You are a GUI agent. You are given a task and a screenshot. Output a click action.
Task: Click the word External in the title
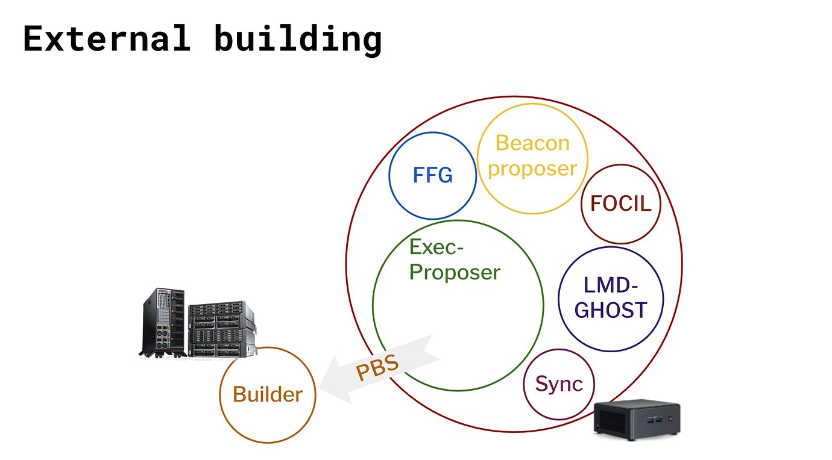[107, 38]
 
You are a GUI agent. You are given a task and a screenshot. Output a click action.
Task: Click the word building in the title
[298, 40]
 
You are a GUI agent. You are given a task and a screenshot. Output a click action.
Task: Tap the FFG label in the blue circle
[433, 175]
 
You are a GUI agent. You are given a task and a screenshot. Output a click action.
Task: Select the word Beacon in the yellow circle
[532, 143]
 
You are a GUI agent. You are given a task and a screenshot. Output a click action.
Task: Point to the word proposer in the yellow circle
[532, 169]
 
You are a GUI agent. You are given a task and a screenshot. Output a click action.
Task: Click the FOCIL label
[620, 204]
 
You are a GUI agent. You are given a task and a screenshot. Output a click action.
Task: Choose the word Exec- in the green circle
[436, 247]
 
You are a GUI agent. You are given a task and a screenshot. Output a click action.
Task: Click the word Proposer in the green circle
[455, 273]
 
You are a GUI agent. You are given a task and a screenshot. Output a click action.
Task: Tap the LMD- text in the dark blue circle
[611, 285]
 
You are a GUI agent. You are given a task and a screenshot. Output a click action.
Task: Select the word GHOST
[611, 311]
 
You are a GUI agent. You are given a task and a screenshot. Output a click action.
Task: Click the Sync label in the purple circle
[559, 384]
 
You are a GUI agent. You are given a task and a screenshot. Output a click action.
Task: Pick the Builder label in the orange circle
[268, 394]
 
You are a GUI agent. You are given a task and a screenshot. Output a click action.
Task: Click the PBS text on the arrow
[377, 368]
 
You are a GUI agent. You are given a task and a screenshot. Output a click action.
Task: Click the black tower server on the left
[163, 323]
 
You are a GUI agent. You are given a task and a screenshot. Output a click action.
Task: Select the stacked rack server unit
[222, 329]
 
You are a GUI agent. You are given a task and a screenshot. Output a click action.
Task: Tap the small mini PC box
[637, 419]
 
